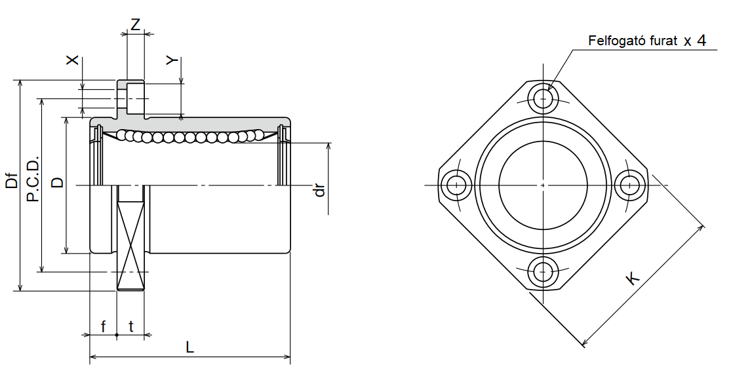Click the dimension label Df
11,179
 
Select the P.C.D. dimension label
33,179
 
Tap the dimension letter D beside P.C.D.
58,182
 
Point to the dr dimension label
320,190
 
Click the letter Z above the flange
135,25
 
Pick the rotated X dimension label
73,60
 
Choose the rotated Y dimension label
171,60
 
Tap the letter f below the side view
103,326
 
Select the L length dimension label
189,348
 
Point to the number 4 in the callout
700,41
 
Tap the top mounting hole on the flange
543,99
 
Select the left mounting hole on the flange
454,185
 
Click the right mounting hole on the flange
631,185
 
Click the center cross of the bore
543,185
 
